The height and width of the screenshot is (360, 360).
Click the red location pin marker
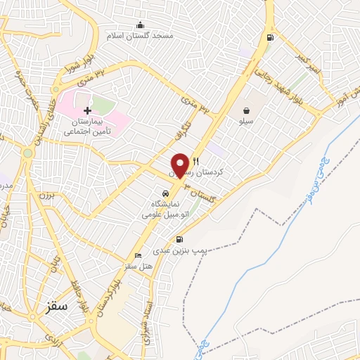click(x=180, y=165)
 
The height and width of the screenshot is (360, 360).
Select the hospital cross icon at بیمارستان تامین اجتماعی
click(x=87, y=111)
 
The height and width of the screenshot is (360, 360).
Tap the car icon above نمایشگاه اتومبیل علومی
click(x=165, y=193)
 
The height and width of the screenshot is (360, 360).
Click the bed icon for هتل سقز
click(x=138, y=255)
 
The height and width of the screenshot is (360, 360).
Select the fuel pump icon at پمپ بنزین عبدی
click(x=180, y=239)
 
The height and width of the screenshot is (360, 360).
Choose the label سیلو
click(x=246, y=121)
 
